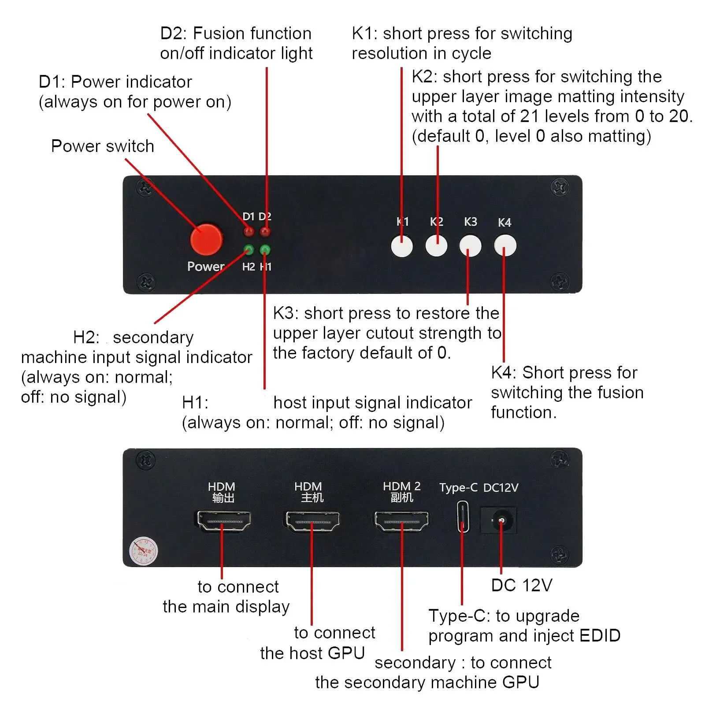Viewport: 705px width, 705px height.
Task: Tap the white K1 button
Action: [x=402, y=246]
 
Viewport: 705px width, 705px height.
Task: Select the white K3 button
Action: [x=470, y=246]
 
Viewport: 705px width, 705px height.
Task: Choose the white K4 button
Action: [x=505, y=245]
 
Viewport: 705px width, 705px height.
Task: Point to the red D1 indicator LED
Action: [x=249, y=232]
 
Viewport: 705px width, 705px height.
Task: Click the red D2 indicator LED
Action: [x=265, y=232]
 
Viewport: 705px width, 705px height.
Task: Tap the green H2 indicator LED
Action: [x=249, y=250]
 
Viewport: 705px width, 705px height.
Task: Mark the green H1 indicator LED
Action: [x=265, y=250]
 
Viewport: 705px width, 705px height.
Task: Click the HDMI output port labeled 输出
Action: [x=223, y=521]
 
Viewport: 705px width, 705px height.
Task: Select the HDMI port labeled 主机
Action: [x=312, y=521]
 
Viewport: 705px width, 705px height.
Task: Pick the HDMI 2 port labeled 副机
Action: [x=401, y=521]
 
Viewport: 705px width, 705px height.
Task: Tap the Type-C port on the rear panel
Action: [x=463, y=516]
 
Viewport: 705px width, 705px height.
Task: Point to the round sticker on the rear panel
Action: [x=143, y=551]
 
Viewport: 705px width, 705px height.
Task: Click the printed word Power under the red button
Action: [x=206, y=267]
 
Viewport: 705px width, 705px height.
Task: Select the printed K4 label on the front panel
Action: [x=505, y=223]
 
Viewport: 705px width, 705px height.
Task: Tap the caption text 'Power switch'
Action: [x=103, y=146]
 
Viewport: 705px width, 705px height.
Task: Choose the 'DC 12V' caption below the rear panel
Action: [x=522, y=585]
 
